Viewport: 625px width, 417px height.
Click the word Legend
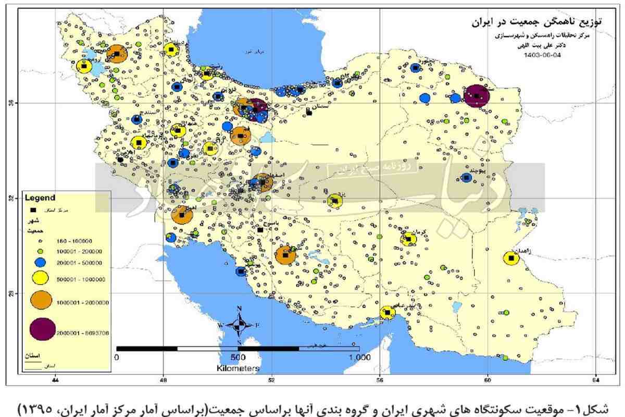[42, 198]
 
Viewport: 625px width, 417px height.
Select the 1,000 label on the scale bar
[359, 358]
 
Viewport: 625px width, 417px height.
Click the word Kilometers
[238, 368]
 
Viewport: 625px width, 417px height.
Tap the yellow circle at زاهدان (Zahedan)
[511, 258]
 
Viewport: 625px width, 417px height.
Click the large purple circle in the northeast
[478, 96]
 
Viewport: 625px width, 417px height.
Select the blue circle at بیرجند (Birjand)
[466, 177]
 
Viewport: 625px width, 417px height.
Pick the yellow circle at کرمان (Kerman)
[409, 239]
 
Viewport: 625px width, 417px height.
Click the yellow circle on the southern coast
[387, 313]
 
